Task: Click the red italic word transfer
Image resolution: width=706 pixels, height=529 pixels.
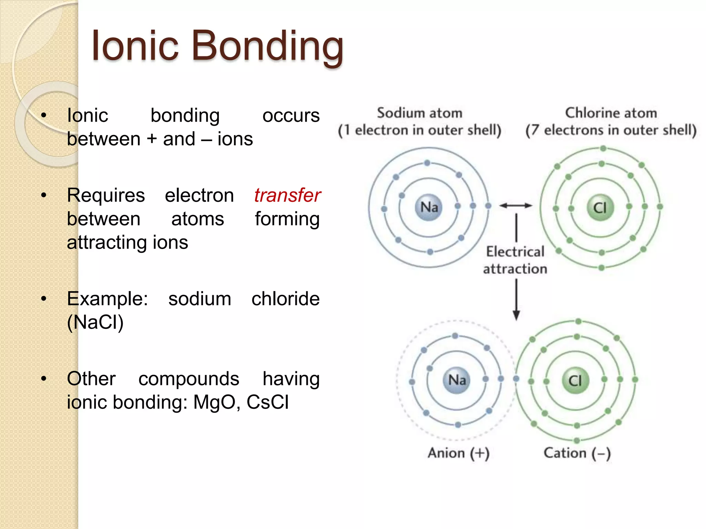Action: tap(287, 195)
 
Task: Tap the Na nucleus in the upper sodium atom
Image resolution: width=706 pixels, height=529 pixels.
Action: tap(429, 207)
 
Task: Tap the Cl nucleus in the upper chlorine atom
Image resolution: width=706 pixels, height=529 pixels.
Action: tap(600, 208)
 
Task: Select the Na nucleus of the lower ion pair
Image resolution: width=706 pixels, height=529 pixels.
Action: tap(457, 380)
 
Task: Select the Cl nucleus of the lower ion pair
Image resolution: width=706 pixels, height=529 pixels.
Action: tap(575, 381)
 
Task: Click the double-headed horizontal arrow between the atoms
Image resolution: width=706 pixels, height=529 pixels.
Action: tap(516, 206)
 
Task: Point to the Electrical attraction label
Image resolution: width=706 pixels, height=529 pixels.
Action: tap(515, 260)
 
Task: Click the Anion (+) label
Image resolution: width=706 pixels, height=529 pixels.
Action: tap(458, 453)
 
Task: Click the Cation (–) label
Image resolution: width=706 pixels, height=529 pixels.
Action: tap(577, 453)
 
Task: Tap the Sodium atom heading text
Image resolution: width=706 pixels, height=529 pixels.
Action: tap(420, 113)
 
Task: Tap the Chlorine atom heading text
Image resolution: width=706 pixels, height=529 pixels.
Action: tap(611, 113)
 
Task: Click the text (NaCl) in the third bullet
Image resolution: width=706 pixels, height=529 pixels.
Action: tap(95, 322)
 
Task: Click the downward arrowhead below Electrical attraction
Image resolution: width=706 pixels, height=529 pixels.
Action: tap(516, 315)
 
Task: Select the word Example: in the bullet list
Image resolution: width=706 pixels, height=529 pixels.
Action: tap(107, 299)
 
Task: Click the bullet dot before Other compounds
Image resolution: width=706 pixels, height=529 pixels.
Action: tap(43, 379)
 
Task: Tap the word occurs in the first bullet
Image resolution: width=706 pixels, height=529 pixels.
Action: tap(291, 115)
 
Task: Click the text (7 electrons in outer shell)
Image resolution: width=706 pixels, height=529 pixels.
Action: tap(611, 130)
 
